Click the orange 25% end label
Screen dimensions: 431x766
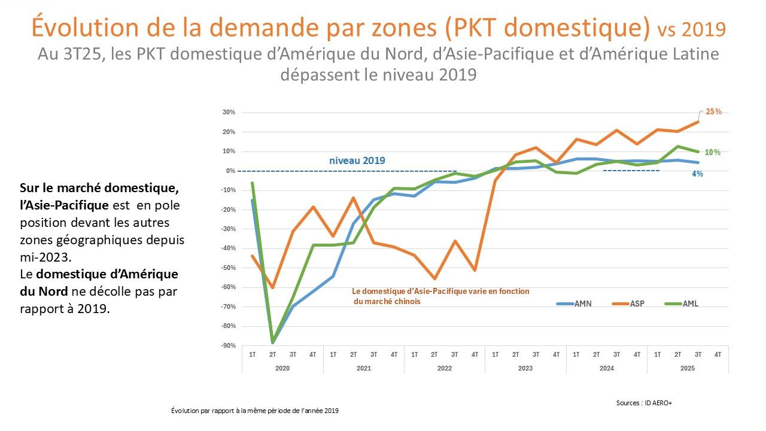click(713, 111)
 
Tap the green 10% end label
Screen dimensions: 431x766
click(712, 152)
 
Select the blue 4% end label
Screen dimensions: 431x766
click(698, 174)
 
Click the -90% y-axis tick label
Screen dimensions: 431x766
click(229, 346)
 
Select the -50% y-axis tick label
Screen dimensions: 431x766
click(229, 268)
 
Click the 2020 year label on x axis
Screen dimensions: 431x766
click(282, 368)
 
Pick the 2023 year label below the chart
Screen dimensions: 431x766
click(525, 368)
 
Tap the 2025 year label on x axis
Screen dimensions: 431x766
click(687, 368)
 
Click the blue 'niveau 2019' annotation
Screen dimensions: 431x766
click(357, 160)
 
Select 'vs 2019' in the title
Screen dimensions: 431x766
click(691, 29)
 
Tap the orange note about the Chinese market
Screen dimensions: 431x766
click(440, 296)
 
